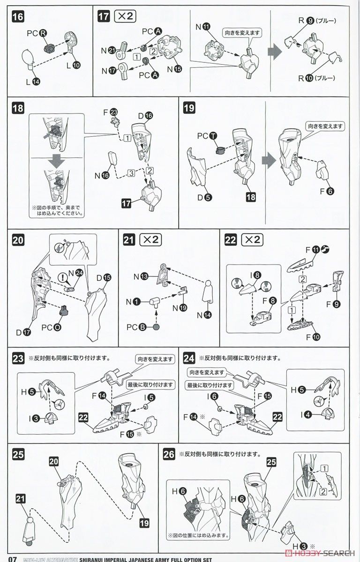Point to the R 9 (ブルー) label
point(308,21)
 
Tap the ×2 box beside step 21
point(150,240)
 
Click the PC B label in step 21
point(145,326)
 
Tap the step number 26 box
point(169,453)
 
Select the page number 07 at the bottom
point(9,558)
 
